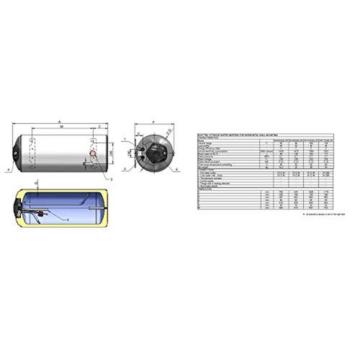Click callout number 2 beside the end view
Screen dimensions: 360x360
point(124,170)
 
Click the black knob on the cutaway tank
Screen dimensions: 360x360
point(17,210)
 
